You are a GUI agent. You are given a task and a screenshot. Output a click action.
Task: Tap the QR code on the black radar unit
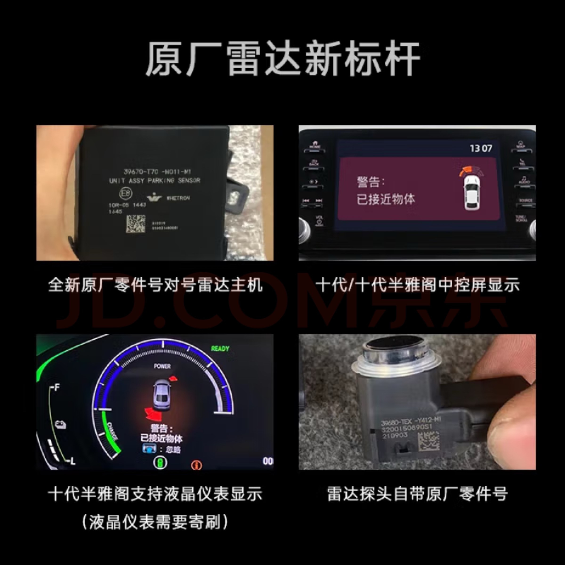point(136,224)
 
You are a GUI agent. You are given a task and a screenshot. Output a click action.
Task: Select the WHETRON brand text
point(178,198)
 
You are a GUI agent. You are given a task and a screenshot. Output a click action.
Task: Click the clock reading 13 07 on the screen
point(481,148)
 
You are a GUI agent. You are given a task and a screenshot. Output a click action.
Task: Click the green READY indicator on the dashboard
point(220,349)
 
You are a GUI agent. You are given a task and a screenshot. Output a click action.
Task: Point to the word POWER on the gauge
point(162,366)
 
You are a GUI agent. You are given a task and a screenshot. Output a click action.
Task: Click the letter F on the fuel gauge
point(57,387)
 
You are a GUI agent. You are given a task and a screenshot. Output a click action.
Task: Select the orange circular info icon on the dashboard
point(197,465)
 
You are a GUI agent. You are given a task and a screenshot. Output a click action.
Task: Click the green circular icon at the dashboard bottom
point(161,462)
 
